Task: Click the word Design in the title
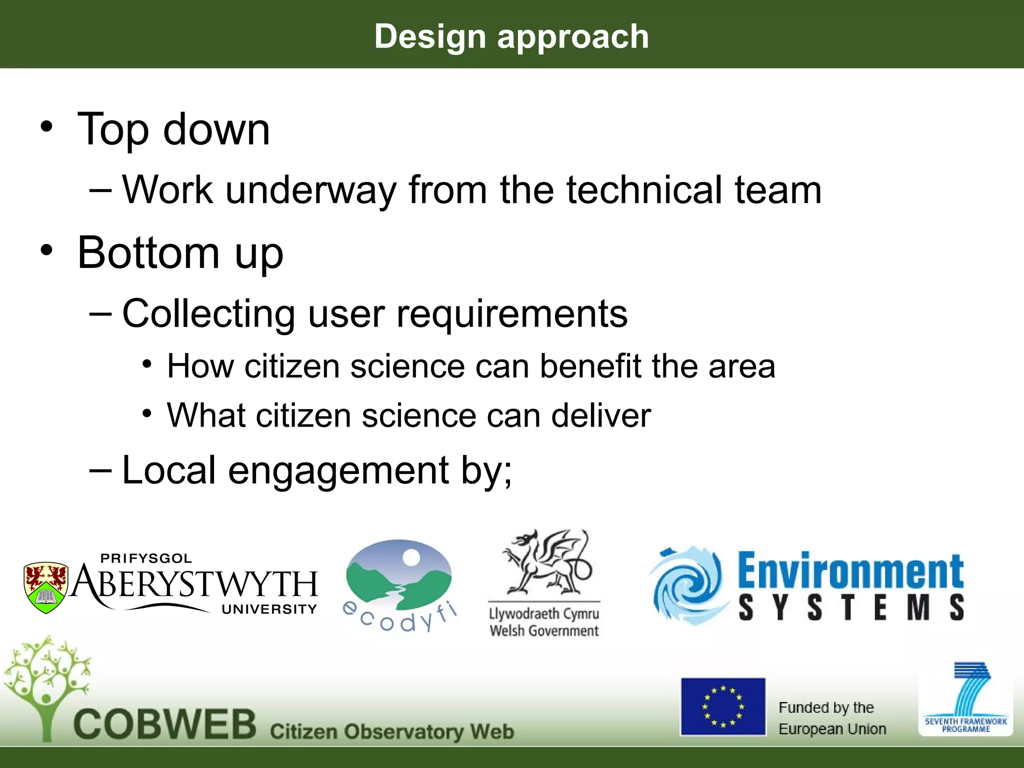(x=430, y=37)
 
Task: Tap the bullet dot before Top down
(x=46, y=126)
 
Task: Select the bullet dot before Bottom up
(x=46, y=249)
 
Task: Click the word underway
(x=310, y=190)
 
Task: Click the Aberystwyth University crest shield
(x=45, y=587)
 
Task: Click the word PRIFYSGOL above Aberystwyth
(x=146, y=558)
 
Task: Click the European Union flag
(x=723, y=706)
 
